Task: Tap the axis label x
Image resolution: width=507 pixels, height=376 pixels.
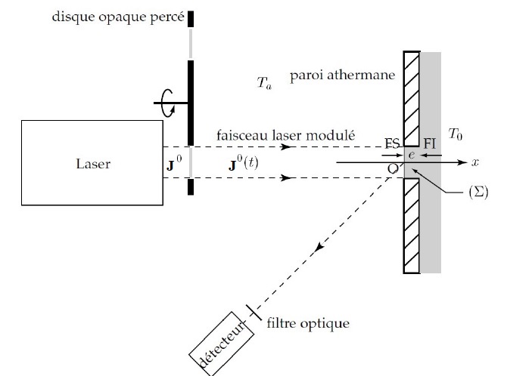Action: click(476, 162)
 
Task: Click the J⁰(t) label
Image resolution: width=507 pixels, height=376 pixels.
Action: click(243, 162)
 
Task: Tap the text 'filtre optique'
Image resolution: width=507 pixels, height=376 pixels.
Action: click(309, 324)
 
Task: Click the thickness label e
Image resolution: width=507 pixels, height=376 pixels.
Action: click(412, 154)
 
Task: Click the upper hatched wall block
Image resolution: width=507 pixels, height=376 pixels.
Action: click(412, 98)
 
